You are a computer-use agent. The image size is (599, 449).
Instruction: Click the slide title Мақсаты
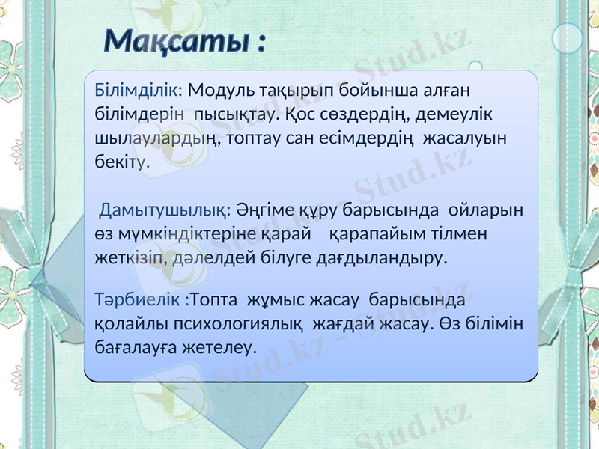click(183, 40)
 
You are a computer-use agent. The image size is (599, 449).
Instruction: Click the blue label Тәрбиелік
click(141, 300)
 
